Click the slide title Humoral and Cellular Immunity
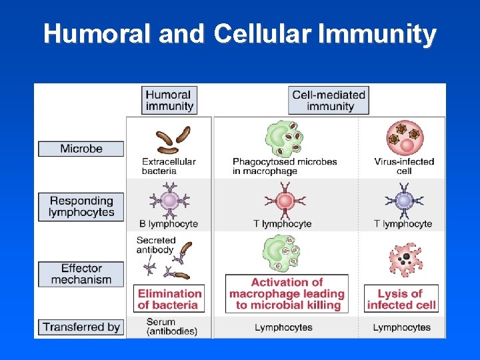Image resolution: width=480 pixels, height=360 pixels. (240, 34)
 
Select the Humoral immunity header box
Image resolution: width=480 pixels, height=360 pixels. (169, 100)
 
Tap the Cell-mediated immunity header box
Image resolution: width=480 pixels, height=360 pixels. (330, 100)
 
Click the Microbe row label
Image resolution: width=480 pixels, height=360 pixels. (81, 149)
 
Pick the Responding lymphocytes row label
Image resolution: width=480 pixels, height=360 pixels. (81, 207)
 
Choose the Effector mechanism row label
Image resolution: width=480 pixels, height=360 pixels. (81, 274)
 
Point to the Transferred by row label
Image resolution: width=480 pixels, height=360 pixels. (81, 327)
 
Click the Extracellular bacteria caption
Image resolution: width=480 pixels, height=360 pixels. (169, 166)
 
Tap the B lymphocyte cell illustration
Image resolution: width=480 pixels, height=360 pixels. (169, 200)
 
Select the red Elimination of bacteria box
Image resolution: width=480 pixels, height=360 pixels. (169, 299)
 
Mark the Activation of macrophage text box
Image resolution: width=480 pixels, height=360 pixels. (287, 293)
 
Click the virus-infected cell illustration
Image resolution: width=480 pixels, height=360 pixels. (405, 136)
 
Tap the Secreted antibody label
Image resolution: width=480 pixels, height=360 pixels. (155, 245)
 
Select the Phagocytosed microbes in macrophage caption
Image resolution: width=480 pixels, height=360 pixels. (285, 166)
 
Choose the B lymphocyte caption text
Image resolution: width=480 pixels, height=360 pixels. (169, 224)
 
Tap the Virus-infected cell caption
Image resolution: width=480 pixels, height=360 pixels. (404, 166)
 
